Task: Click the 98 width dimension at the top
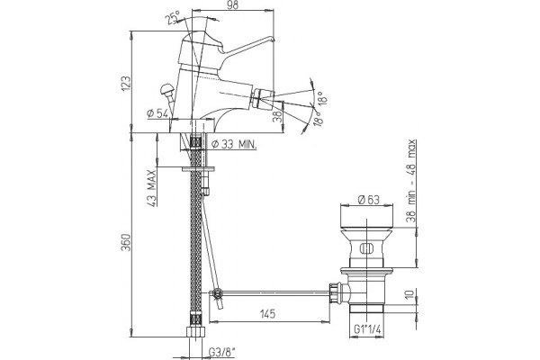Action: click(x=233, y=4)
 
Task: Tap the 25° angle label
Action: click(x=174, y=17)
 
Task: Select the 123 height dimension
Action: click(x=126, y=84)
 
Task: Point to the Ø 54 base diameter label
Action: click(x=157, y=113)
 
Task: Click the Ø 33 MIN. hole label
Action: click(x=234, y=144)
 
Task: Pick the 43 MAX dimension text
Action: click(x=152, y=188)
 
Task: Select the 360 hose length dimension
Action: click(x=126, y=242)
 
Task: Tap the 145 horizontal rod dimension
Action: click(x=267, y=313)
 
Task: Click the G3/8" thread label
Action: click(x=221, y=352)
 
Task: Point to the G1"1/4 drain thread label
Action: click(x=368, y=329)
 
